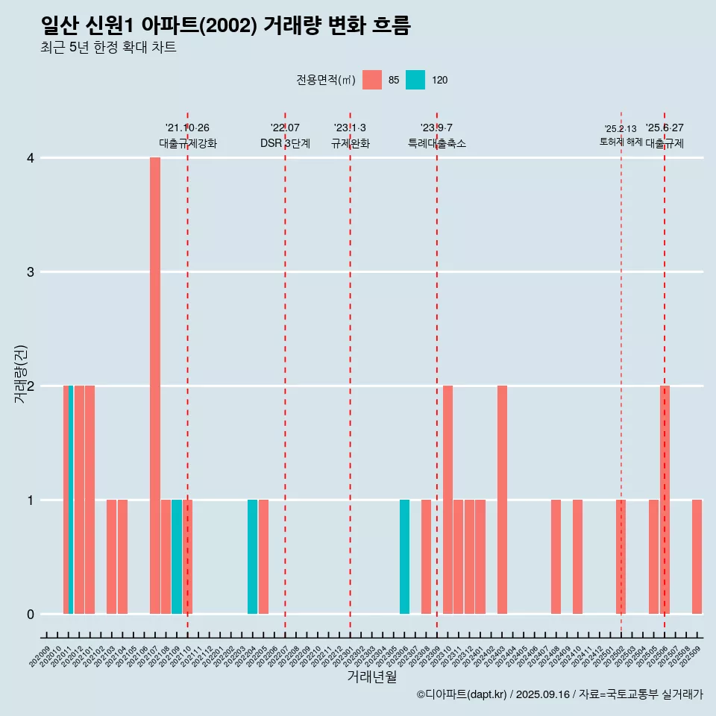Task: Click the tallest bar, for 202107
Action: pyautogui.click(x=155, y=386)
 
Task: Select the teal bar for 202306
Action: pyautogui.click(x=404, y=556)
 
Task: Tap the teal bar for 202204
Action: pyautogui.click(x=253, y=556)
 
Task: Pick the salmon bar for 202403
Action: pyautogui.click(x=502, y=500)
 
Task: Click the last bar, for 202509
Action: pyautogui.click(x=697, y=556)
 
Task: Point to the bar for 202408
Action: pyautogui.click(x=556, y=556)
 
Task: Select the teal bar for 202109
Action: pyautogui.click(x=177, y=556)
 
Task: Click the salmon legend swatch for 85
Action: pyautogui.click(x=372, y=80)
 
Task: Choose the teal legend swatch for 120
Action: pyautogui.click(x=415, y=80)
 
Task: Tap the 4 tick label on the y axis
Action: pyautogui.click(x=31, y=158)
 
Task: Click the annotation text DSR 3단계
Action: pyautogui.click(x=285, y=143)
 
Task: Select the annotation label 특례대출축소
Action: pyautogui.click(x=437, y=143)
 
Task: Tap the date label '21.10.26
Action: pyautogui.click(x=187, y=128)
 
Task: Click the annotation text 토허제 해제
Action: pyautogui.click(x=621, y=142)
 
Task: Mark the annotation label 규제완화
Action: pyautogui.click(x=351, y=143)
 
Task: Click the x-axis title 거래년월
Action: pyautogui.click(x=371, y=677)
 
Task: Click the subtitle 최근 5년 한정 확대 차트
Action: pyautogui.click(x=109, y=48)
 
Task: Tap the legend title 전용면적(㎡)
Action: pyautogui.click(x=326, y=80)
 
